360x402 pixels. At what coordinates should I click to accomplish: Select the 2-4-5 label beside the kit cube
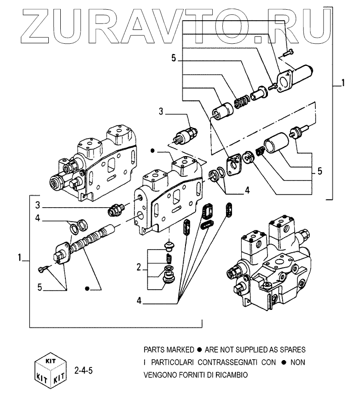(84, 369)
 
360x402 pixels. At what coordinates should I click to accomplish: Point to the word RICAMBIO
(230, 375)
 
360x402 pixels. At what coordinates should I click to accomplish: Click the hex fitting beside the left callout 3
(114, 211)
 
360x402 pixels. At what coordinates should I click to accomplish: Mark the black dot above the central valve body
(153, 151)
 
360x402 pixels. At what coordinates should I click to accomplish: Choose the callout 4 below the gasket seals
(139, 302)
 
